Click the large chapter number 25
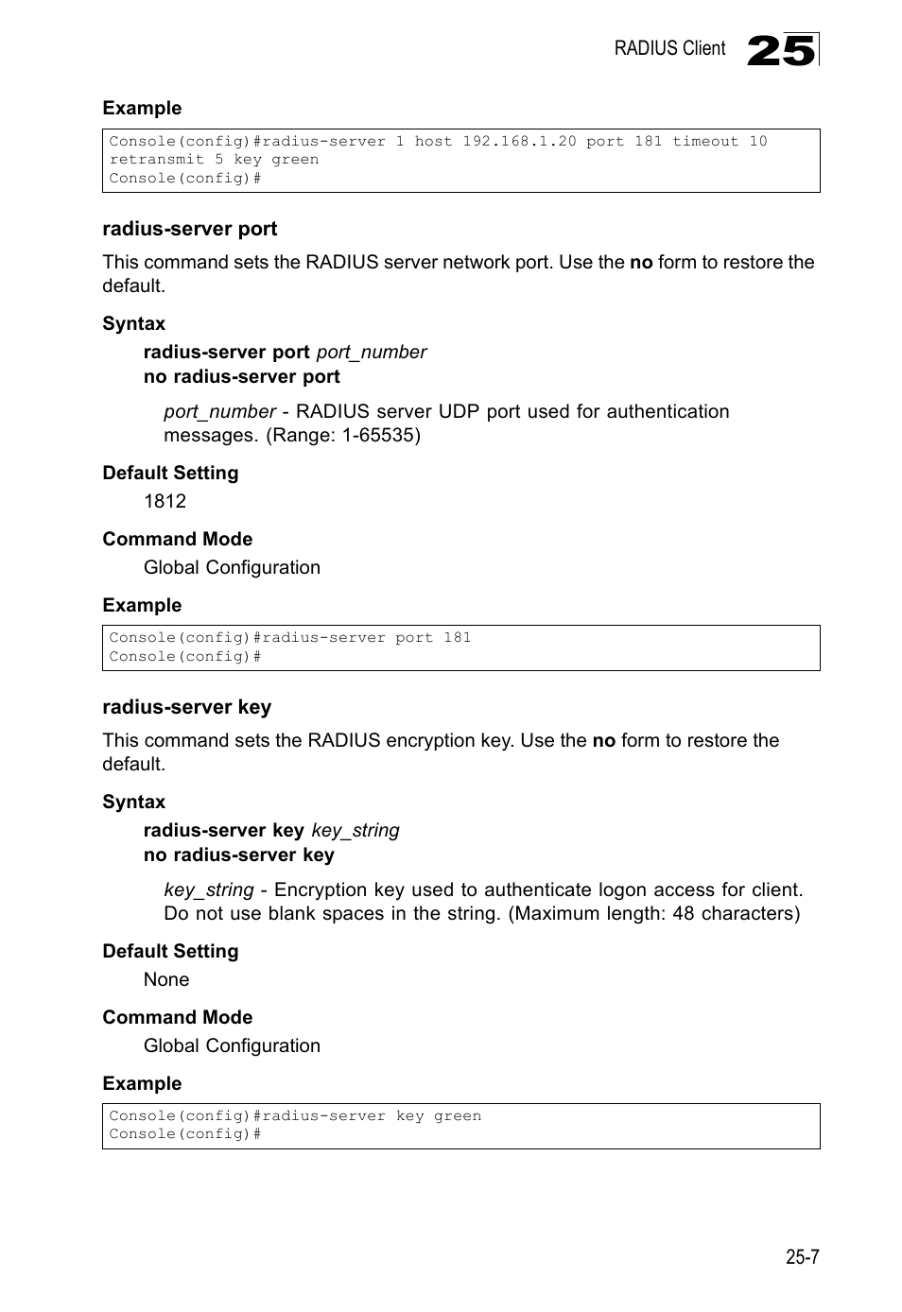(780, 50)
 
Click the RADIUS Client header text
(669, 49)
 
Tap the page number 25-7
(801, 1256)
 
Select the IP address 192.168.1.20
(519, 142)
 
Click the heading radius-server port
(190, 229)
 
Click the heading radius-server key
(186, 707)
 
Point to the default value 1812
(165, 501)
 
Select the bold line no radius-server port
(241, 376)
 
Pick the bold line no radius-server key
(238, 855)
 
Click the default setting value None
(166, 979)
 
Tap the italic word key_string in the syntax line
(356, 830)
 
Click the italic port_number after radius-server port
(372, 352)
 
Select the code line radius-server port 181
(289, 638)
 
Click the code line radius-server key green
(295, 1116)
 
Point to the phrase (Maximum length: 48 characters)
(654, 913)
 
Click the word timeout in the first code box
(705, 142)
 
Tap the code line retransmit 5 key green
(214, 160)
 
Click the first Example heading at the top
(142, 108)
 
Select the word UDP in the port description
(460, 411)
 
